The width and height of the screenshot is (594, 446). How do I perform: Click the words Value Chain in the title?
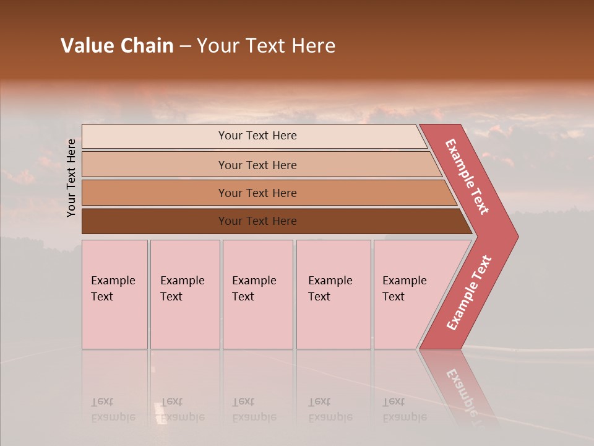tap(117, 46)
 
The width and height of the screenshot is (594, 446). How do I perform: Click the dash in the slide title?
tap(185, 46)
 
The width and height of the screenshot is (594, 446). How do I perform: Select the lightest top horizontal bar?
tap(155, 136)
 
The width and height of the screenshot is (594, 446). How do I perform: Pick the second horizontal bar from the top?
tap(155, 165)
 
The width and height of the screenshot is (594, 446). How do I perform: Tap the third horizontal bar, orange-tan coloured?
tap(155, 193)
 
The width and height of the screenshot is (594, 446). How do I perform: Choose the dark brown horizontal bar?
tap(155, 221)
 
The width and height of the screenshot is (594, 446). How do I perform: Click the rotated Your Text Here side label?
tap(72, 178)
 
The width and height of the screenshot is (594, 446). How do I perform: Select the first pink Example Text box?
tap(114, 294)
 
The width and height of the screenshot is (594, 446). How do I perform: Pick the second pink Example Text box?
tap(185, 294)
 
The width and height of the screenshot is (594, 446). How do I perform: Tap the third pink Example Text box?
tap(257, 294)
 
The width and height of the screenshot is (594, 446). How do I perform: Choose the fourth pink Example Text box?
tap(334, 294)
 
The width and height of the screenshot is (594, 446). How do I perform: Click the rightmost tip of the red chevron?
tap(515, 236)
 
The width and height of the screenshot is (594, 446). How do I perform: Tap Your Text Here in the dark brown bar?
tap(257, 221)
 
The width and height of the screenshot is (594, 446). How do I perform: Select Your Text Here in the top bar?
tap(257, 136)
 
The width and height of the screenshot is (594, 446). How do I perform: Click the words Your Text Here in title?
tap(266, 46)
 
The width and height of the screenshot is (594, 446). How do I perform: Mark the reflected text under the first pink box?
tap(113, 409)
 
